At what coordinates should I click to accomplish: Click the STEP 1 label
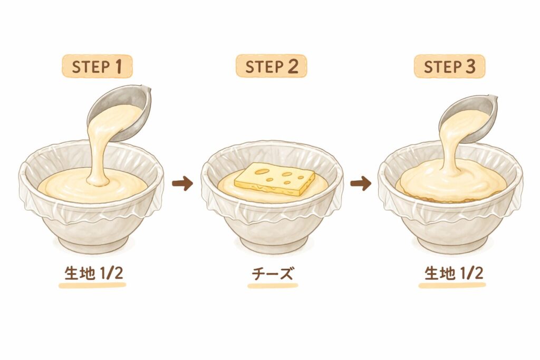[97, 66]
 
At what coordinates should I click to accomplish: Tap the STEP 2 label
[272, 66]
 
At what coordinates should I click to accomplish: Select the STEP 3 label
[449, 66]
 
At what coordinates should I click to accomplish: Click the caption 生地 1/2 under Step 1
[94, 274]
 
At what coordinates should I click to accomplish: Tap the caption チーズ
[273, 274]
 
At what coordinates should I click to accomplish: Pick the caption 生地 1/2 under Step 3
[454, 274]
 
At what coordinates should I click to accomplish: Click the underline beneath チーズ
[273, 286]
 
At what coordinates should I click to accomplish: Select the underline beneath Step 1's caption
[92, 285]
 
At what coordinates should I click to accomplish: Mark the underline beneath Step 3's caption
[452, 285]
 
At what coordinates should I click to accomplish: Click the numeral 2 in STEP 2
[293, 66]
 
